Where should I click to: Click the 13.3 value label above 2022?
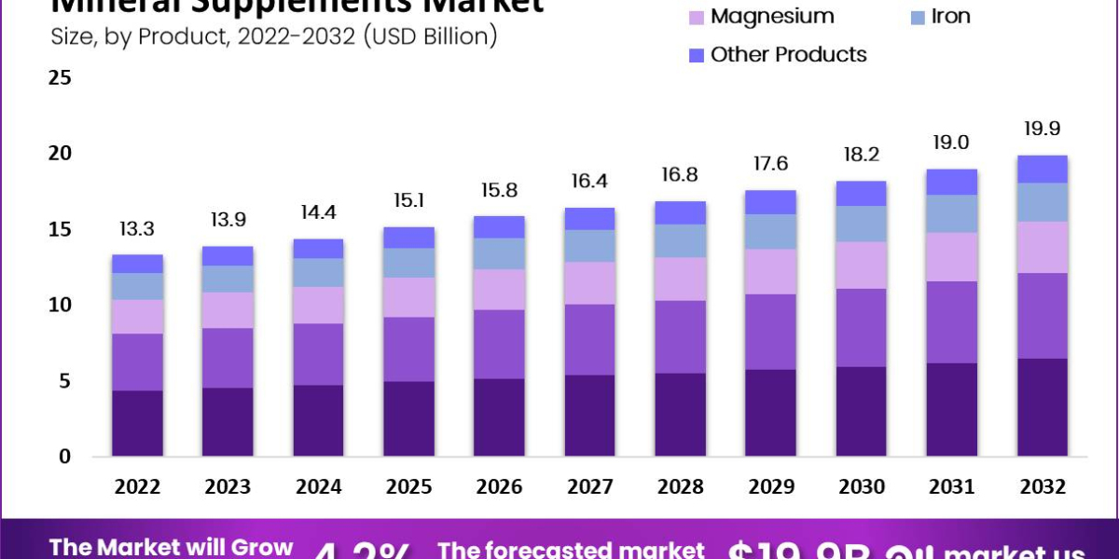pyautogui.click(x=137, y=229)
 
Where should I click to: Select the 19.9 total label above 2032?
pyautogui.click(x=1042, y=129)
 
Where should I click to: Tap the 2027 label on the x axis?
pyautogui.click(x=589, y=486)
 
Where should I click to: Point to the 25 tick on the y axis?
pyautogui.click(x=60, y=77)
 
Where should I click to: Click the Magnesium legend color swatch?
pyautogui.click(x=696, y=17)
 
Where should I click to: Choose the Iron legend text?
pyautogui.click(x=951, y=17)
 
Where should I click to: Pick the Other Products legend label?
pyautogui.click(x=788, y=55)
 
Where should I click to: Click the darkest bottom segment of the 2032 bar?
pyautogui.click(x=1042, y=407)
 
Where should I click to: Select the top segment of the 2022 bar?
pyautogui.click(x=137, y=264)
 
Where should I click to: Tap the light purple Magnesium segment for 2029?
pyautogui.click(x=770, y=271)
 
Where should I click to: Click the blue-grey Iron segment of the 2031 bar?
pyautogui.click(x=951, y=213)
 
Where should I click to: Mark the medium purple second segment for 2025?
pyautogui.click(x=408, y=348)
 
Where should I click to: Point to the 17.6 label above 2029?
pyautogui.click(x=770, y=164)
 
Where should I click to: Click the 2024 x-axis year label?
pyautogui.click(x=318, y=486)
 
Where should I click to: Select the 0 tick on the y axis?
pyautogui.click(x=64, y=457)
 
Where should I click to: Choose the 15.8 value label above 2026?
pyautogui.click(x=499, y=191)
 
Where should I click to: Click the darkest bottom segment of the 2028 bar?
pyautogui.click(x=680, y=415)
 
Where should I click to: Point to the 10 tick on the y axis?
pyautogui.click(x=60, y=305)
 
